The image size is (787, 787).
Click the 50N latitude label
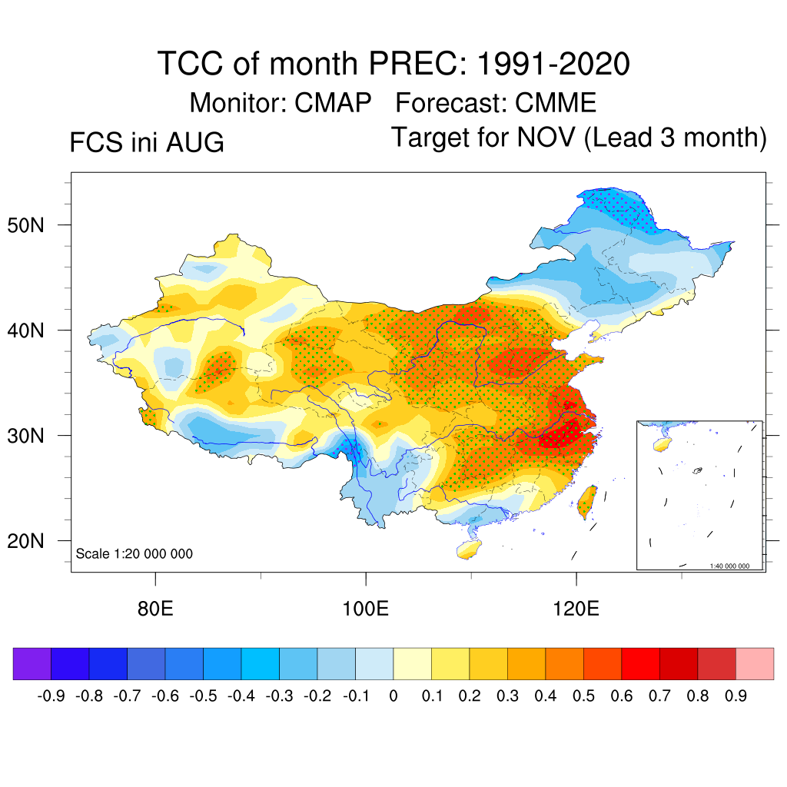pos(25,225)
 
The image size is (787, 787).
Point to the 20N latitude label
pos(25,541)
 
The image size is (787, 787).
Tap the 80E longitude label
pos(155,609)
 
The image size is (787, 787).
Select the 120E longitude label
pos(576,609)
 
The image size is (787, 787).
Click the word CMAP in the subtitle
pos(333,103)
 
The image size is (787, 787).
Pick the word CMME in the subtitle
pos(556,103)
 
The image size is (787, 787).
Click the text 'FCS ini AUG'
pos(147,142)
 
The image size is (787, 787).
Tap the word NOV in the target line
pos(546,137)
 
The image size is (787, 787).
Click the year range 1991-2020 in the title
pos(553,64)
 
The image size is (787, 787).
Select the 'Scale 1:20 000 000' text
pos(134,553)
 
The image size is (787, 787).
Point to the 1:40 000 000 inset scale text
pos(729,566)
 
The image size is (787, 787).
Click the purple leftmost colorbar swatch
pos(32,663)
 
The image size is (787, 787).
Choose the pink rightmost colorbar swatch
pos(755,663)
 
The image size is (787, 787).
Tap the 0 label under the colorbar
pos(393,696)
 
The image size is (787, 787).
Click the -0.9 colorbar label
pos(51,696)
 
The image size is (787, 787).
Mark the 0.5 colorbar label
pos(584,696)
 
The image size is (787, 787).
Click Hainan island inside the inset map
pos(662,444)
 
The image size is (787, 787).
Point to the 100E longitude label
pos(365,609)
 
